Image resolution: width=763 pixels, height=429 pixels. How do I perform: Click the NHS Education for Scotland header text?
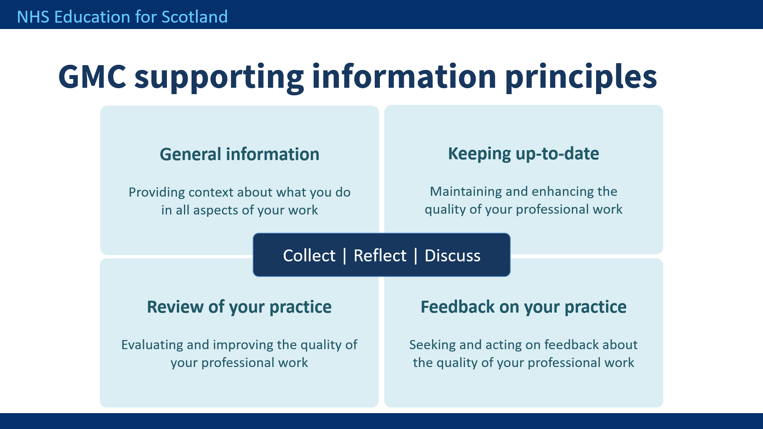(122, 17)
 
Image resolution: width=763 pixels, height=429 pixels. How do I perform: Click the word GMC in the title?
(92, 76)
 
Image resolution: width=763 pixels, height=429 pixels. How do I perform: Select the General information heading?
(240, 154)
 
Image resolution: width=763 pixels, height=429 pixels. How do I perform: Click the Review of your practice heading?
(239, 307)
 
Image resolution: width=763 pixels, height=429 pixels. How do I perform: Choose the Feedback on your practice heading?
(523, 307)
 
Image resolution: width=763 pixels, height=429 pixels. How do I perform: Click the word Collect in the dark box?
(309, 255)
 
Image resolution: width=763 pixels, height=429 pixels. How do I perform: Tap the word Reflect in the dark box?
(380, 255)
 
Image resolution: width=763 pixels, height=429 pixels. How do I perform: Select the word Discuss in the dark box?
(453, 255)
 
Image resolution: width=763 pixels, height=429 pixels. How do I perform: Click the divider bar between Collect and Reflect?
(345, 256)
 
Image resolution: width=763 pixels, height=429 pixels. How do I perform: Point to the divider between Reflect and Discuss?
(416, 256)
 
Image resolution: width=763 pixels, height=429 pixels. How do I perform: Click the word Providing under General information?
(157, 193)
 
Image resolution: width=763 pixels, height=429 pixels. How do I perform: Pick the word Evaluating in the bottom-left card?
(152, 345)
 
